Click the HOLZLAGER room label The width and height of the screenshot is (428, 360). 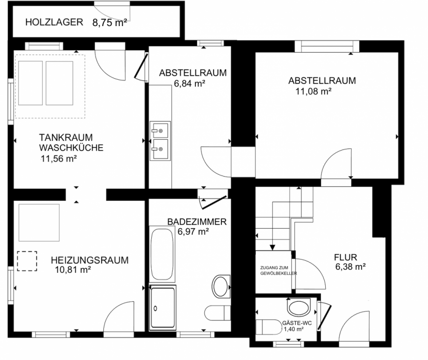(x=54, y=22)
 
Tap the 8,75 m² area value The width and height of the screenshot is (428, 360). (x=110, y=22)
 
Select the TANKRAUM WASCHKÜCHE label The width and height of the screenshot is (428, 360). (x=71, y=143)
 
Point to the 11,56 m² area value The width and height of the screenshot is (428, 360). (x=59, y=158)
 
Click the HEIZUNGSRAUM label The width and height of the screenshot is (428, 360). (x=90, y=260)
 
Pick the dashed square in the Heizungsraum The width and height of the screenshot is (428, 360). (x=27, y=261)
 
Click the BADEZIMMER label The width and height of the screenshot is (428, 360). (x=197, y=222)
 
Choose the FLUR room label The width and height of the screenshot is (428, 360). (x=345, y=257)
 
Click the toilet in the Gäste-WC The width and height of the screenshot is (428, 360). (x=298, y=308)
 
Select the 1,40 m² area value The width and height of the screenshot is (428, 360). (x=294, y=329)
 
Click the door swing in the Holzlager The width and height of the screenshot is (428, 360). (x=112, y=11)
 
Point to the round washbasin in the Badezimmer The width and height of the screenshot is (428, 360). (x=220, y=284)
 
